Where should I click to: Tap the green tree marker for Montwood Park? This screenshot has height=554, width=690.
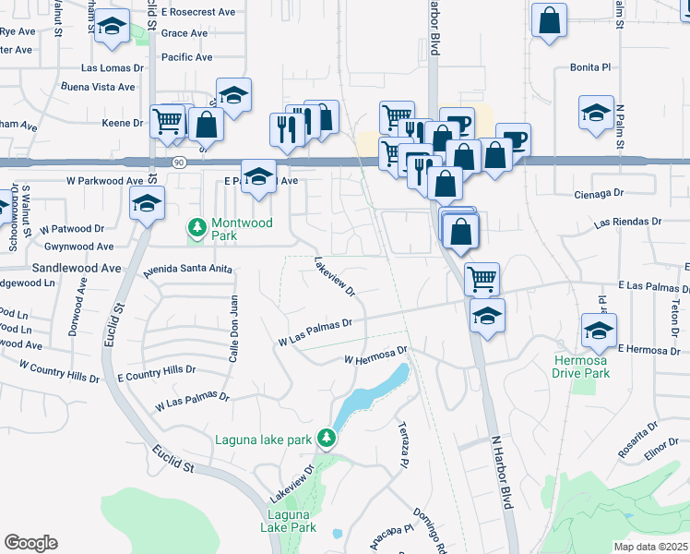196,226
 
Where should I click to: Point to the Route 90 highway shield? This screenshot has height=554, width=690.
179,163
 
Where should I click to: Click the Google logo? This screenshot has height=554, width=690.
30,543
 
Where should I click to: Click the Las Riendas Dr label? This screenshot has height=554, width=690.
628,223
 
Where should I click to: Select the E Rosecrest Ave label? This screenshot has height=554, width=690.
197,12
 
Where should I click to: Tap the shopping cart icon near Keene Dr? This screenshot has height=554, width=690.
167,120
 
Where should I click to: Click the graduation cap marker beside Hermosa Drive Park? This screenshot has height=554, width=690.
599,330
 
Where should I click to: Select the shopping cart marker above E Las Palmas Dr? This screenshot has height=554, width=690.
482,277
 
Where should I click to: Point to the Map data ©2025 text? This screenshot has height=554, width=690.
650,547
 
